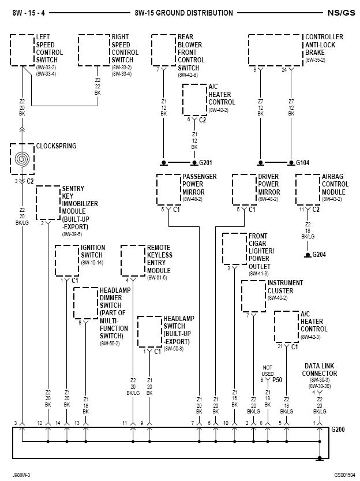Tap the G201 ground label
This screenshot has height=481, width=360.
[x=206, y=163]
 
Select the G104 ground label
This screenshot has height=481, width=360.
[x=302, y=163]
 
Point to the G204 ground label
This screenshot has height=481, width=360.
[x=319, y=254]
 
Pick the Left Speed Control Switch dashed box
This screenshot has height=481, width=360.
[x=21, y=50]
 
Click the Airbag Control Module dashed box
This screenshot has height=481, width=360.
[x=307, y=189]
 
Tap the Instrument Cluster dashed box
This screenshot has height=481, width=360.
[x=253, y=296]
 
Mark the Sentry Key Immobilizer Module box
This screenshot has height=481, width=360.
[x=48, y=203]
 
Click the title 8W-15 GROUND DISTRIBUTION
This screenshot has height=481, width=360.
[x=183, y=13]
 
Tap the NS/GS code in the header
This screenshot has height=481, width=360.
[x=341, y=13]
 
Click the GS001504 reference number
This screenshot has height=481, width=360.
[x=344, y=475]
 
